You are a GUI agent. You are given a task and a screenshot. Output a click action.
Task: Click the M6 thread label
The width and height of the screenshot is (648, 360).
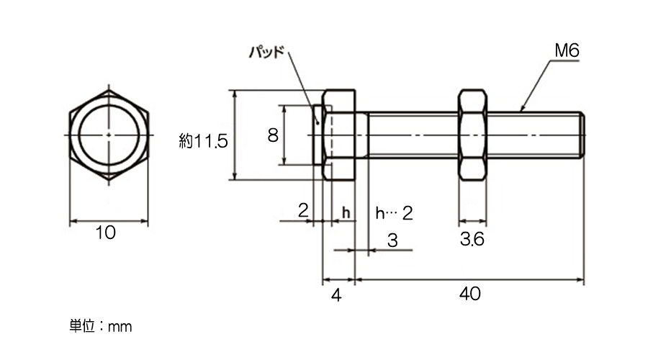point(567,51)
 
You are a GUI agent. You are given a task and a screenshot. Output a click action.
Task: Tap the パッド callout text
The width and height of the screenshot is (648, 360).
point(267,53)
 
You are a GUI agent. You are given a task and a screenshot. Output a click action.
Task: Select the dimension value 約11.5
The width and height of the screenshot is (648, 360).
point(203,141)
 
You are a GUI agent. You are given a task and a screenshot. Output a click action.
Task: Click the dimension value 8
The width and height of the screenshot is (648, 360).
point(273,135)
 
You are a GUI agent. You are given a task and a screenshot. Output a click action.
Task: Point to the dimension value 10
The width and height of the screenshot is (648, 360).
point(106,233)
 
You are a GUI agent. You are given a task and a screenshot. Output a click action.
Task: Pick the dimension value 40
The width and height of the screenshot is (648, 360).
point(470,294)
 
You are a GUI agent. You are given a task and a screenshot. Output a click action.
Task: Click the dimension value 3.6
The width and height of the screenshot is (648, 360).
point(472,239)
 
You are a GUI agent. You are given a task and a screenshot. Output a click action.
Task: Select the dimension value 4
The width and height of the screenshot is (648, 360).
point(336,295)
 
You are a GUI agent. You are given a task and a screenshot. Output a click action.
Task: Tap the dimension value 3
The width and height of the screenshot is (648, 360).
point(392,240)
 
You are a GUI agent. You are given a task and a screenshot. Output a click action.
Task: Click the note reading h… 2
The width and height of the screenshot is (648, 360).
point(394,213)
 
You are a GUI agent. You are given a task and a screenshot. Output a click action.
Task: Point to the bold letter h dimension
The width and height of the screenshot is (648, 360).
point(346,212)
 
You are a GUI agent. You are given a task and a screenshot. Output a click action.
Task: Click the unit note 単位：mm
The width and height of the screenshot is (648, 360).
point(100,326)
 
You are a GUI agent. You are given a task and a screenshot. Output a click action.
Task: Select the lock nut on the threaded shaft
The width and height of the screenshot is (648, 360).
point(472,135)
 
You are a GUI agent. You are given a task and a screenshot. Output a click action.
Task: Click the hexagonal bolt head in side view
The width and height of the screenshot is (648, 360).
point(339,135)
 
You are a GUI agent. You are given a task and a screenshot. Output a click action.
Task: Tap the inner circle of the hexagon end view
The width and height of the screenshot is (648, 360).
point(109,135)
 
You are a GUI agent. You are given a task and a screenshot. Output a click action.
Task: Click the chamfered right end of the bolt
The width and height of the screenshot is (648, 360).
point(581,135)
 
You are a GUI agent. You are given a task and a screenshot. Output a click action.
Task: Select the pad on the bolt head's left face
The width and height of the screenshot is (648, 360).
point(318,135)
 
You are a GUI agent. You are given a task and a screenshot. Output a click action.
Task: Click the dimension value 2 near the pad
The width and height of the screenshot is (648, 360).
point(303,211)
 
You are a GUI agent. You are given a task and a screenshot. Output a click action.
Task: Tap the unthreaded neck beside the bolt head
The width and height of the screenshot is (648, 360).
point(361,135)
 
